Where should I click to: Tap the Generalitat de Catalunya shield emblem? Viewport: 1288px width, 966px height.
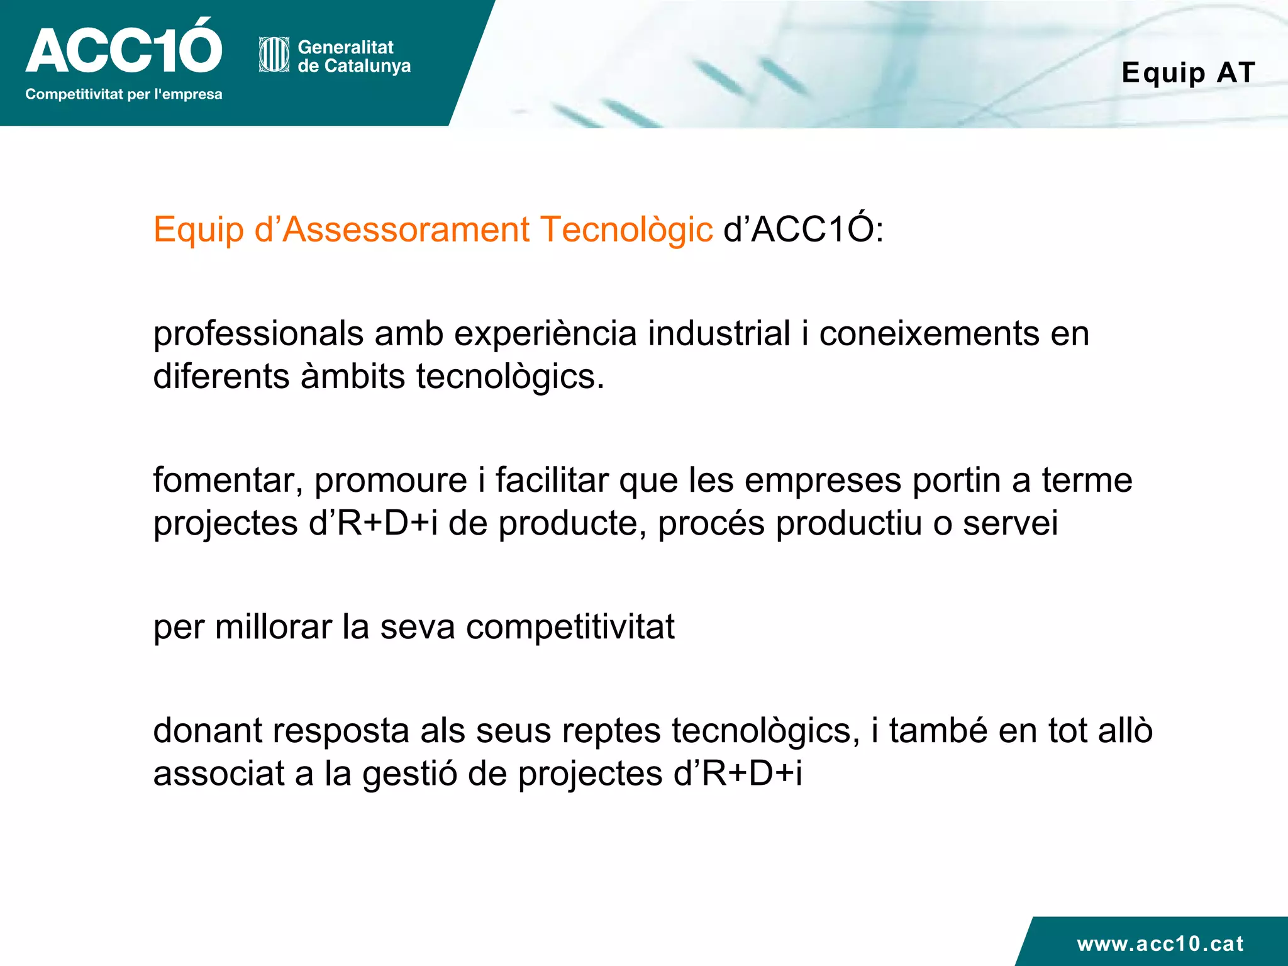(274, 55)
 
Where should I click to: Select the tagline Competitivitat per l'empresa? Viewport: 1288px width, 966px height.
(124, 94)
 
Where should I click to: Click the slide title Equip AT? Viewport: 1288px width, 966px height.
(1189, 72)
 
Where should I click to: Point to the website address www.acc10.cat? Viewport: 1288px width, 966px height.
(1160, 943)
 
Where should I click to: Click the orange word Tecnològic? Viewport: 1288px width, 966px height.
(626, 230)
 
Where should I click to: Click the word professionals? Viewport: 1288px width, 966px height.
(258, 334)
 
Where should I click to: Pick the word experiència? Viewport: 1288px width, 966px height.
(545, 334)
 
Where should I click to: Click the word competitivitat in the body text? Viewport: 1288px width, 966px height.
(570, 627)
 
